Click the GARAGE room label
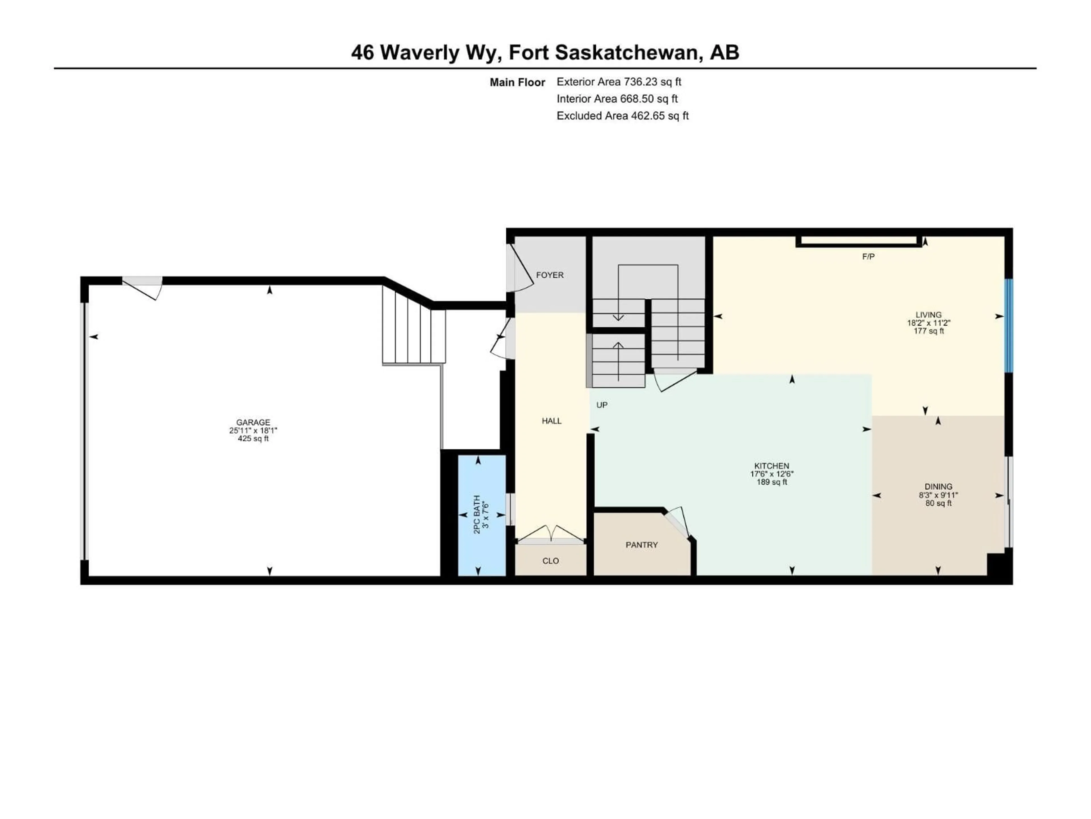coord(253,422)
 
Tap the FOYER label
coord(549,275)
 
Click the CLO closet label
coord(550,561)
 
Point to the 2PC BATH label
coord(477,514)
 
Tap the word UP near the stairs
coord(602,405)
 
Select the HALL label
coord(551,421)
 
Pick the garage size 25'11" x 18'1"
coord(253,430)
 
